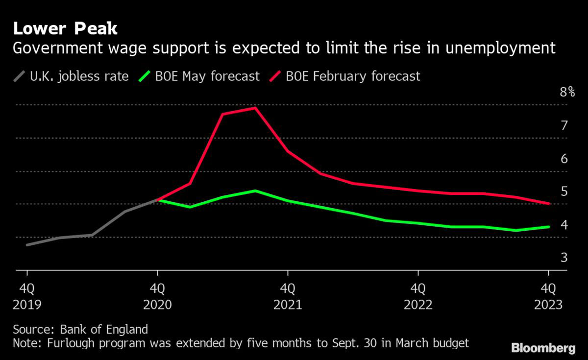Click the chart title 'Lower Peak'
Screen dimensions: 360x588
tap(65, 28)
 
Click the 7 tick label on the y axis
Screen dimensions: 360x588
tap(564, 125)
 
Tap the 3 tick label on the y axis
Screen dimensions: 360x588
tap(564, 258)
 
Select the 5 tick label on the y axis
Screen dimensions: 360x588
tap(564, 192)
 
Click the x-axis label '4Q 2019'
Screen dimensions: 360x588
tap(27, 296)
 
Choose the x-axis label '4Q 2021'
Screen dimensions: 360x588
tap(288, 296)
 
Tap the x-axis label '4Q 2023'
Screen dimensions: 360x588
tap(548, 296)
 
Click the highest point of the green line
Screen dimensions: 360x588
tap(255, 191)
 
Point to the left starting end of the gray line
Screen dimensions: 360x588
tap(27, 244)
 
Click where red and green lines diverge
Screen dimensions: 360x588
tap(157, 200)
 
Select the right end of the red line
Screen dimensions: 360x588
tap(548, 203)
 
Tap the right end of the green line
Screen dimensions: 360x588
tap(548, 227)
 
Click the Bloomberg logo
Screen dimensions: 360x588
tap(543, 348)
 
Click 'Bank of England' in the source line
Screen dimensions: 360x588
tap(104, 329)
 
